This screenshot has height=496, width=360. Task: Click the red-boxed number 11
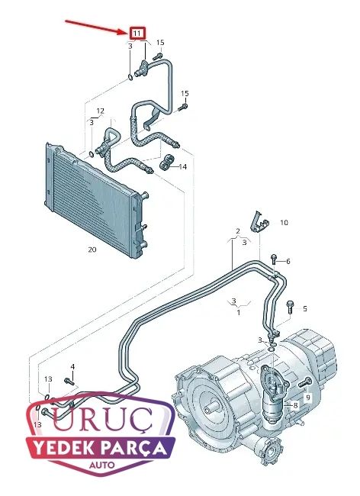[137, 33]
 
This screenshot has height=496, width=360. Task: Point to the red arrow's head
[126, 31]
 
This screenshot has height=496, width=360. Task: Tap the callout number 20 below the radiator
[92, 250]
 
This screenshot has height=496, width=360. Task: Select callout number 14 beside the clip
[183, 166]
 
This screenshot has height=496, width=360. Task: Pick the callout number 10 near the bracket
[284, 223]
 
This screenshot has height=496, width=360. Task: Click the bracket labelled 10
[259, 222]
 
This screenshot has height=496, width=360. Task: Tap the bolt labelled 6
[274, 259]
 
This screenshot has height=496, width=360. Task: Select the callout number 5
[304, 309]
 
